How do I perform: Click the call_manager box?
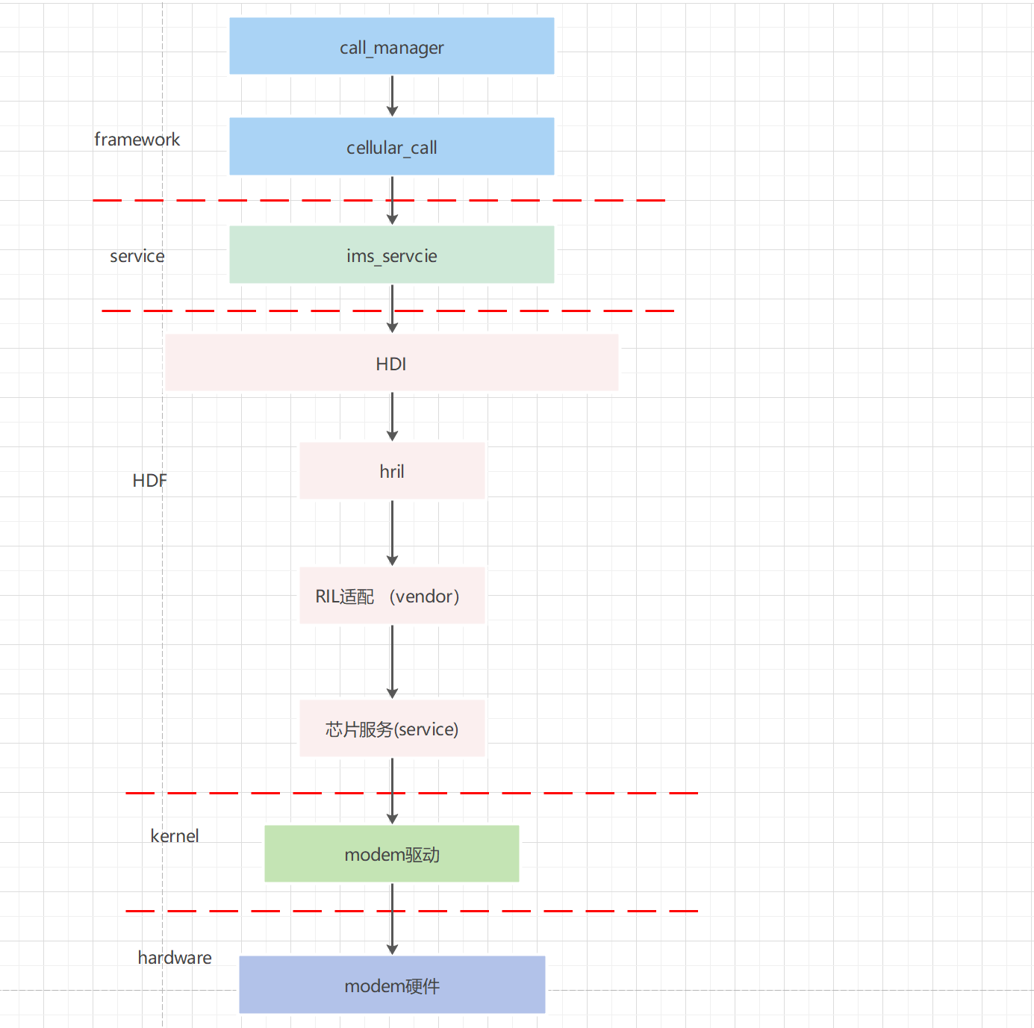coord(391,46)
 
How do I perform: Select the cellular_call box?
coord(391,146)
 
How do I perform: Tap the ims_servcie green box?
coord(391,255)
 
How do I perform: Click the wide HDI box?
coord(391,363)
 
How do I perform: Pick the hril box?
coord(391,471)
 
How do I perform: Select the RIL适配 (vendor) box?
coord(391,596)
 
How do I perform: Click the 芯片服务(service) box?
coord(391,729)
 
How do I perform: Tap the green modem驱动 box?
coord(391,854)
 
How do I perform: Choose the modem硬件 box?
coord(391,985)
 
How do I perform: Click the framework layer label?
coord(137,140)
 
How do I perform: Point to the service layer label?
coord(137,256)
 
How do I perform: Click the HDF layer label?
coord(149,480)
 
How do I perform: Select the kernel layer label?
coord(174,836)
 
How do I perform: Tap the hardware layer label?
coord(174,958)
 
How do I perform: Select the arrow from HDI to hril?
coord(392,415)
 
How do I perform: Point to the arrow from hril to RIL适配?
coord(392,532)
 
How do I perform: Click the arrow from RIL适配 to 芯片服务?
coord(392,660)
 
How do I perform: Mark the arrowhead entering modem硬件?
coord(392,950)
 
